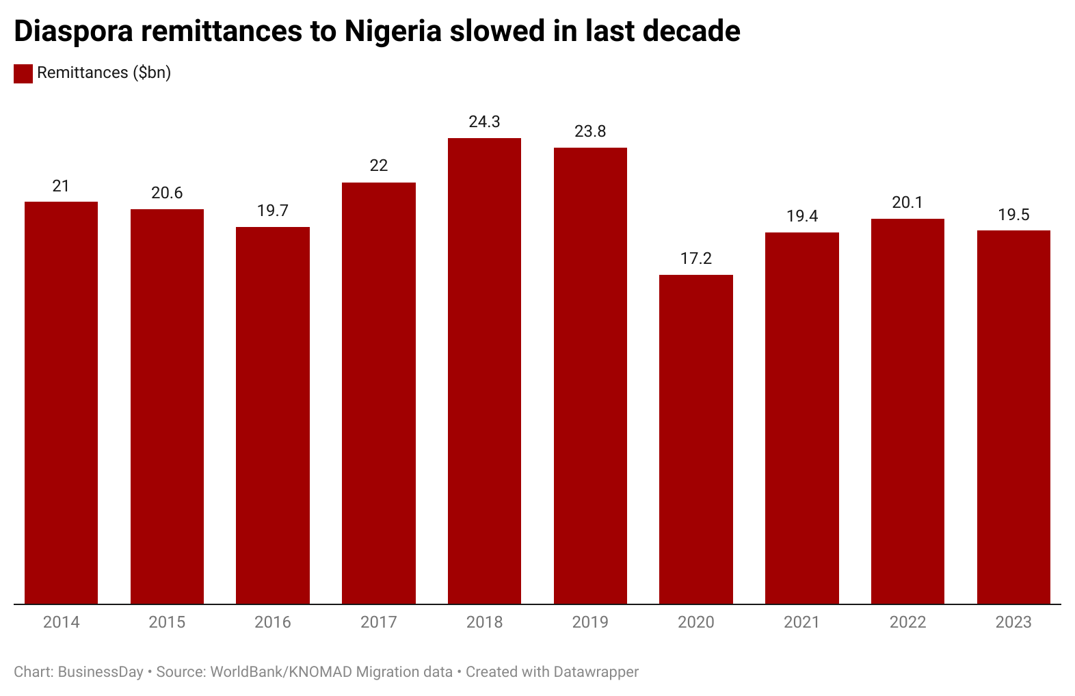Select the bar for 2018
pos(484,371)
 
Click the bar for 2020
pos(695,439)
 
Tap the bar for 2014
pos(61,403)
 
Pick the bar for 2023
pos(1013,417)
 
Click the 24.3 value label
pos(484,122)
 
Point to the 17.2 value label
pos(695,258)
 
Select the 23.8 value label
pos(589,131)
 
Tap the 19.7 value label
pos(272,211)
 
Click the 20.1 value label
pos(907,202)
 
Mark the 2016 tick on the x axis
pos(272,622)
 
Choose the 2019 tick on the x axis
pos(589,622)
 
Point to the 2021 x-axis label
pos(801,622)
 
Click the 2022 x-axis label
pos(907,622)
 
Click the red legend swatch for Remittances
pos(23,74)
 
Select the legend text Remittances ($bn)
pos(104,73)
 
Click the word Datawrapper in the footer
pos(596,672)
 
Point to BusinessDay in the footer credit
pos(101,672)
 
